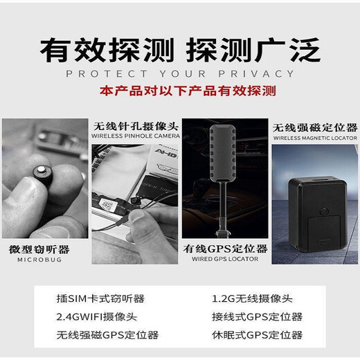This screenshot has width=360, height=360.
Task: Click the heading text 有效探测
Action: (108, 49)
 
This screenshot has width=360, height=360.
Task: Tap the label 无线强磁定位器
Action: (315, 127)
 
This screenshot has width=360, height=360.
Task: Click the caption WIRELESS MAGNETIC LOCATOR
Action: (315, 138)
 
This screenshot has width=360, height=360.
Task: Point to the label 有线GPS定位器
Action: (225, 249)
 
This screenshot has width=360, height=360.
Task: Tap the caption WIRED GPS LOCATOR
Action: (225, 260)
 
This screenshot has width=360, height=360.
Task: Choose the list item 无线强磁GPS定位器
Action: (107, 335)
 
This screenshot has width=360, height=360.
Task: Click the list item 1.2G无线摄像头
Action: (252, 299)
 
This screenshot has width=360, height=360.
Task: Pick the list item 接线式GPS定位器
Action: (257, 317)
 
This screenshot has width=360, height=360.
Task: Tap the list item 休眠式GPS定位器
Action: (257, 335)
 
